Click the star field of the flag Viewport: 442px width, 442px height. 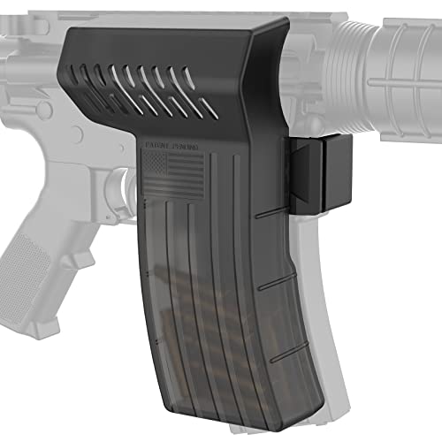click(x=154, y=164)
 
